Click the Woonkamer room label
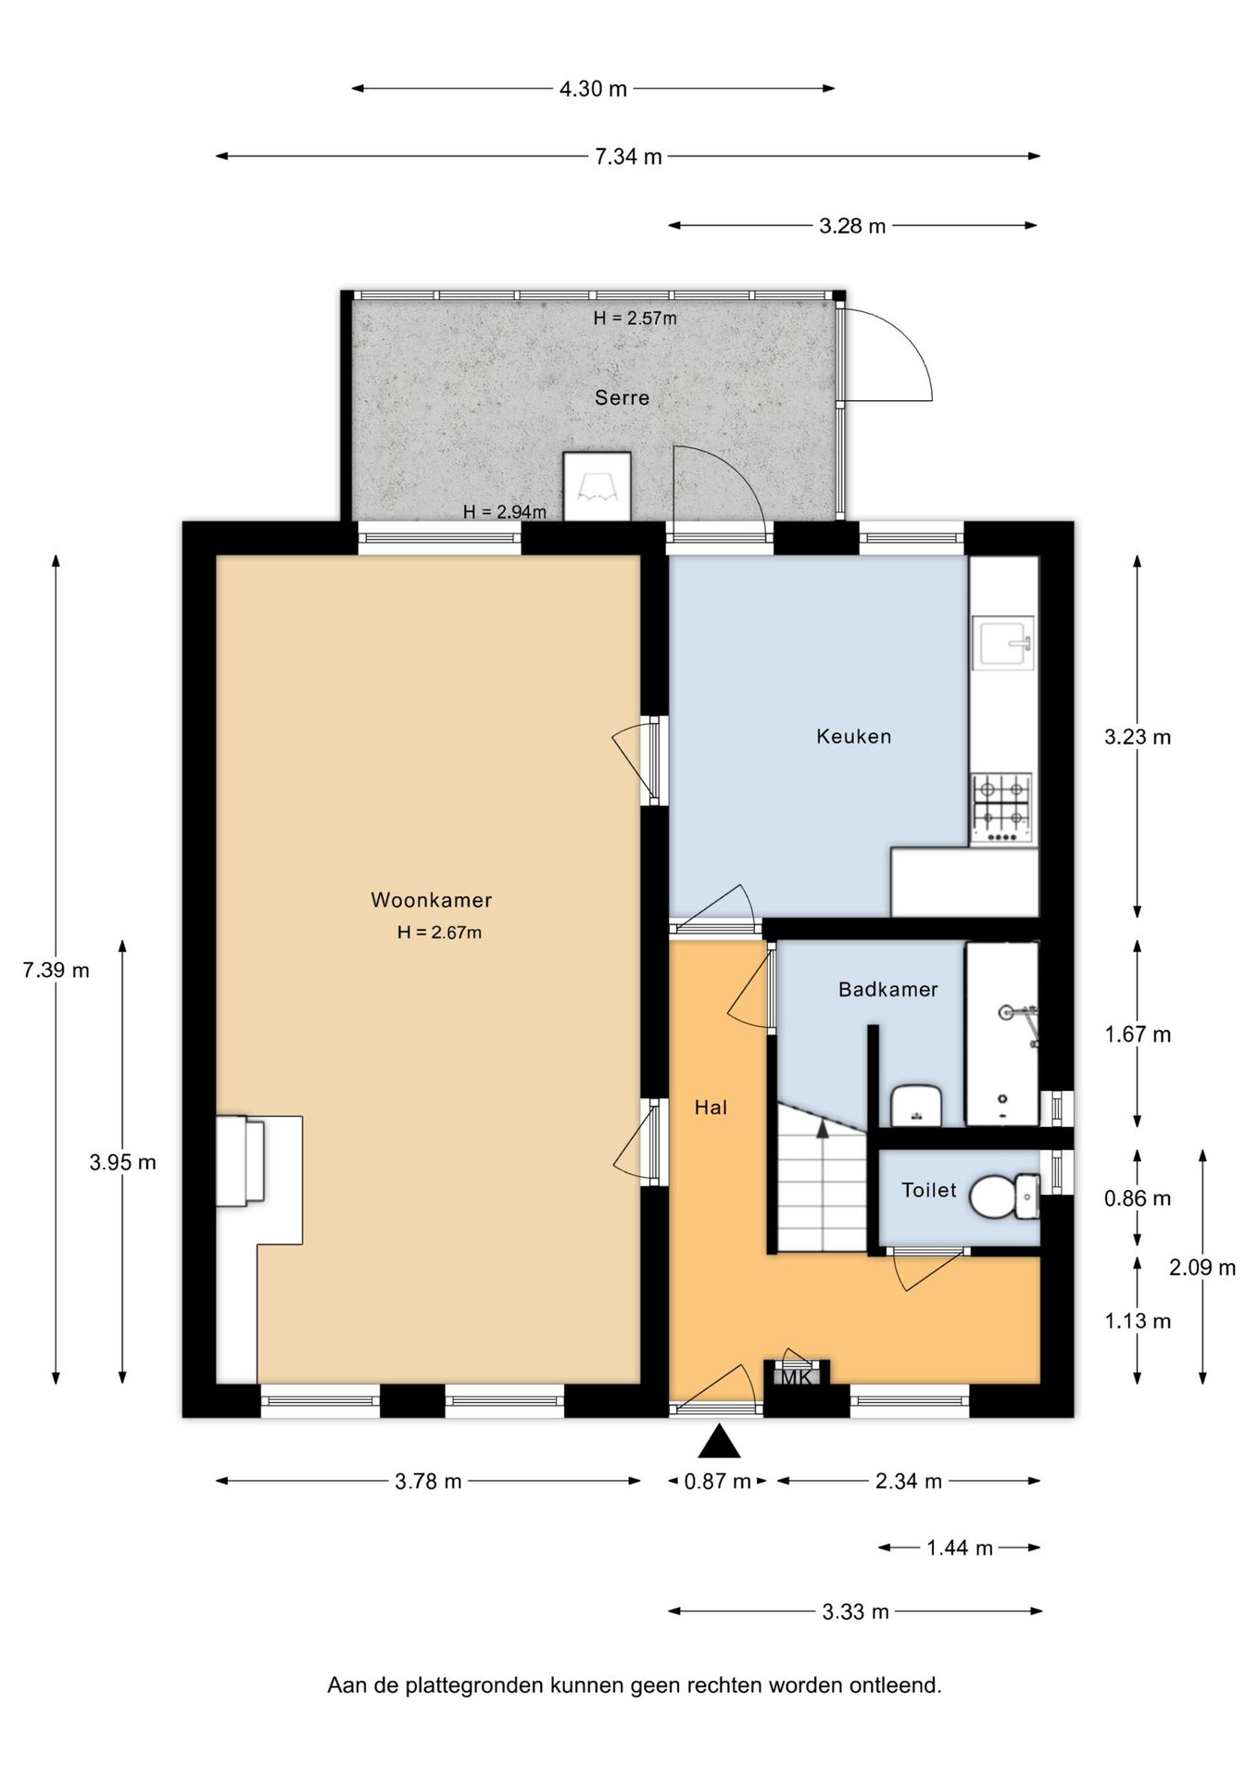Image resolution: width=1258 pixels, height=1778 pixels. pos(431,899)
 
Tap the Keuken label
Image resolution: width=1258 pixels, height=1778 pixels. pos(854,736)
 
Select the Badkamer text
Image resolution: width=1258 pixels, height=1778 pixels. pos(888,989)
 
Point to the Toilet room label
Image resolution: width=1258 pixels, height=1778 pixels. pos(929,1190)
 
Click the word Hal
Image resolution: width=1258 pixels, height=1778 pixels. pos(711,1107)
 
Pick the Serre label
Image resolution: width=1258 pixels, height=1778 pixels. pos(622,397)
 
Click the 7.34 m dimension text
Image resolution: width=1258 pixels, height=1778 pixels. pos(628,157)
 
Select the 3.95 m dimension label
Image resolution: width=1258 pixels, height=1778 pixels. pos(122,1162)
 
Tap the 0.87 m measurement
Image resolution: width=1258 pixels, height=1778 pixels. pos(717,1481)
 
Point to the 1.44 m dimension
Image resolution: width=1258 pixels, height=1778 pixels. pos(960,1547)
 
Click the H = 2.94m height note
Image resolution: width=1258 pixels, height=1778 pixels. pos(505,511)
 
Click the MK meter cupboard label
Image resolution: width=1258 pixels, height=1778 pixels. pos(796,1377)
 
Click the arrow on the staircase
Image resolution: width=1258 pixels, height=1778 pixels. pos(822,1127)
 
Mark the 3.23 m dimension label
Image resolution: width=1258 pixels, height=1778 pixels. pos(1138,737)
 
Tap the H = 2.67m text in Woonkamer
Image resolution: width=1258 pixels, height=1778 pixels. pos(439,933)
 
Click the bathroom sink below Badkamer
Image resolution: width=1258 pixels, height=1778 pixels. pos(917,1105)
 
